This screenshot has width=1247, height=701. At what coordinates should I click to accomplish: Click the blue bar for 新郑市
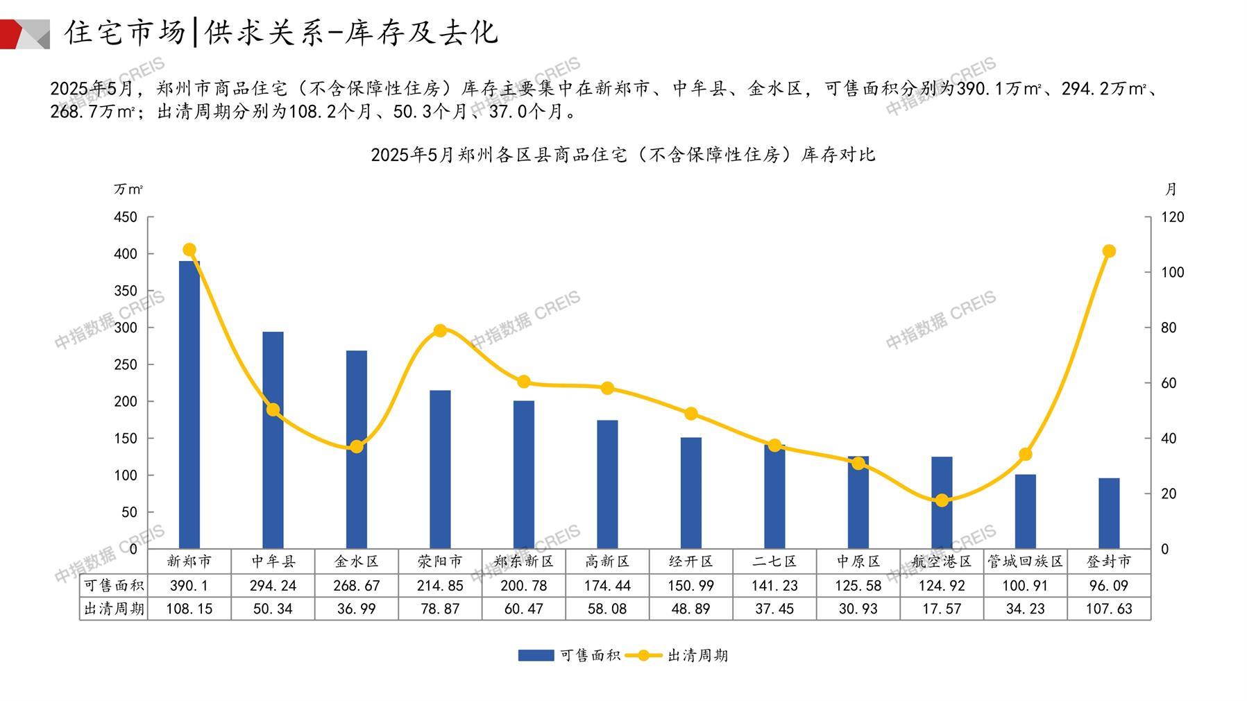coord(189,405)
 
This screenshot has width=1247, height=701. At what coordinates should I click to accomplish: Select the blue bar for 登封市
coord(1109,514)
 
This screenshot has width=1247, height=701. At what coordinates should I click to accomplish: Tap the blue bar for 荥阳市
coord(440,469)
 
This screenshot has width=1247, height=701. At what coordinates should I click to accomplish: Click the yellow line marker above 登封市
coord(1109,251)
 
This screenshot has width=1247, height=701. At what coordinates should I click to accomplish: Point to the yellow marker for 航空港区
coord(942,500)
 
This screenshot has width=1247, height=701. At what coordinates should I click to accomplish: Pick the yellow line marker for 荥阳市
coord(440,330)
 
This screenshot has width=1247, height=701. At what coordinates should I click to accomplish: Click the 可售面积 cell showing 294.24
coord(273,586)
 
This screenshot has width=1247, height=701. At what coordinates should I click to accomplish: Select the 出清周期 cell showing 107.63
coord(1109,609)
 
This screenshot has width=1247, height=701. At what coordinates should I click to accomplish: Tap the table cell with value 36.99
coord(357,609)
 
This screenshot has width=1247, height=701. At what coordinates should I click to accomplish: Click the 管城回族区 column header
coord(1025,561)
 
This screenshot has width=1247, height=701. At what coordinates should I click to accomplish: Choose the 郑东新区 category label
coord(524,561)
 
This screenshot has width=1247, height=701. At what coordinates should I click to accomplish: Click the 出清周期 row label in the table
coord(114,609)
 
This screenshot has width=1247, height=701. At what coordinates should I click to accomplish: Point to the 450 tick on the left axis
coord(126,217)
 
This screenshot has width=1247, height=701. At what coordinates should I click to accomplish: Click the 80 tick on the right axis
coord(1169,328)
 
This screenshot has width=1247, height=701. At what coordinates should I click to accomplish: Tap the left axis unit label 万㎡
coord(128,189)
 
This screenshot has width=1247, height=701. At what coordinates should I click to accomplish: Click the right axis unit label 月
coord(1171,189)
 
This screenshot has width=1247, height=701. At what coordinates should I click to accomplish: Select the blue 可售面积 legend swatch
coord(536,655)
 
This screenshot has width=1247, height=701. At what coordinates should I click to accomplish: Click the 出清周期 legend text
coord(697,655)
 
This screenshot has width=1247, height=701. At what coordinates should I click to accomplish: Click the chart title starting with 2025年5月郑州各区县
coord(622,155)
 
